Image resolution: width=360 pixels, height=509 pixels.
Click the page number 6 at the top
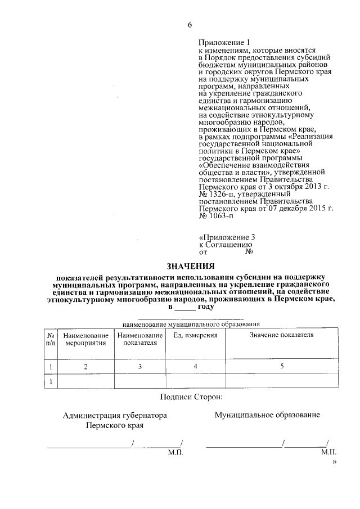pos(190,24)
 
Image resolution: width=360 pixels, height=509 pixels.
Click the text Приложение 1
pos(223,43)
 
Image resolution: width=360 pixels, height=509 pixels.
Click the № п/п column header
pos(51,339)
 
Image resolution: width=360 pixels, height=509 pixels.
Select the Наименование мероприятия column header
pos(85,339)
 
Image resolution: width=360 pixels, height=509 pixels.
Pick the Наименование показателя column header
pos(140,339)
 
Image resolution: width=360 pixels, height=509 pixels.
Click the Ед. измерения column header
pos(195,335)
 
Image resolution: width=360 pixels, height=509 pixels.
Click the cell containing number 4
pos(195,367)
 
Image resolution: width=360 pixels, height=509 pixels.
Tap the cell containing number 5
pos(281,367)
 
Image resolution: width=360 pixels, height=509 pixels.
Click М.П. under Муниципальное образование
pos(328,452)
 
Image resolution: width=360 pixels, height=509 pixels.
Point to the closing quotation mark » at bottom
pos(334,462)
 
